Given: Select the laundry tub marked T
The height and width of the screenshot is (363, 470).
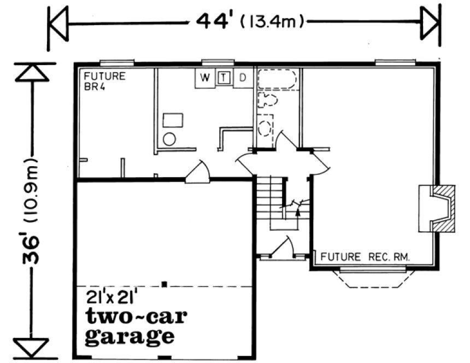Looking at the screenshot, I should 223,78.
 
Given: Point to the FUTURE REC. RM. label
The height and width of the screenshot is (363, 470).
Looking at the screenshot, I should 365,256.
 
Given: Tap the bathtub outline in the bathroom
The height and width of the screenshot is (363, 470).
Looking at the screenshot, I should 278,79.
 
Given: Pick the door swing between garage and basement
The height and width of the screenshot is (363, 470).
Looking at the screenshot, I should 198,172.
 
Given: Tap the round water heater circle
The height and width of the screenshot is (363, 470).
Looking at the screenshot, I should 169,139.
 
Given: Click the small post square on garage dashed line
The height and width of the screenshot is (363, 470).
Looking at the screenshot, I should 164,284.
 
